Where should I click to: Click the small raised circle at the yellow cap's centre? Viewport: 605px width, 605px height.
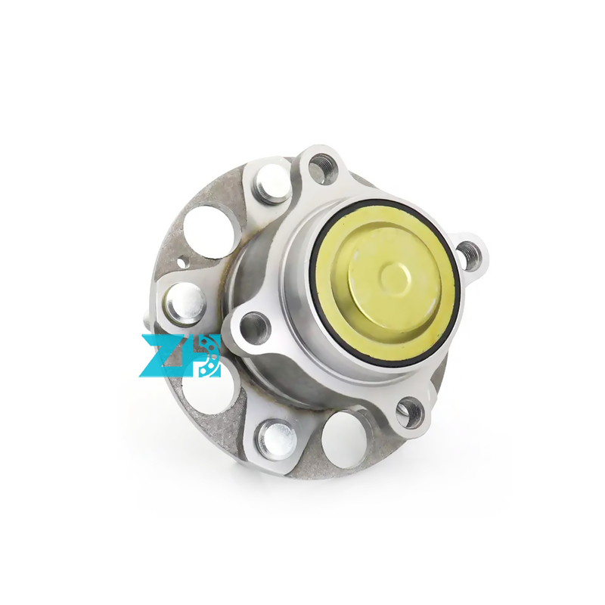394,277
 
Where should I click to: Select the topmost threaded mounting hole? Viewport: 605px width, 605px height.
323,168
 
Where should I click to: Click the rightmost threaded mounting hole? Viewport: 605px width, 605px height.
468,256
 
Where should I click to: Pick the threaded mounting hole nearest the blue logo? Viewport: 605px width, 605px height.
255,329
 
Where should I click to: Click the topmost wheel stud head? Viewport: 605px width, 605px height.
273,184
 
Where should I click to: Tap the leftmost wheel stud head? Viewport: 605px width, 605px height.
186,304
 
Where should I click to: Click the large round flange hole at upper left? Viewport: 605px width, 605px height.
210,232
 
